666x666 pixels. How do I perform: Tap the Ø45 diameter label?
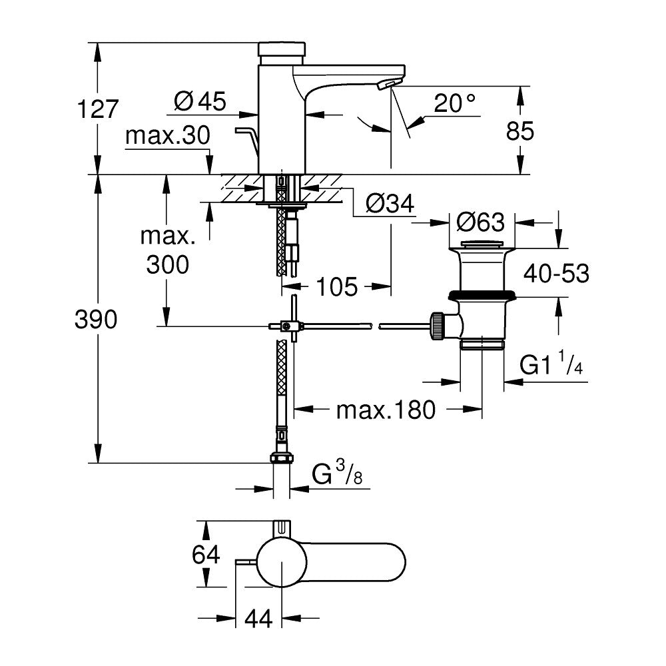coord(200,101)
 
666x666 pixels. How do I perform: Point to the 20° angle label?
coord(455,103)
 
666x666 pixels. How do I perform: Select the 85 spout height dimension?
coord(520,131)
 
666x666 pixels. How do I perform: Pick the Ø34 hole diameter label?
coord(390,204)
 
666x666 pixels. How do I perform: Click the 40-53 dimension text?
coord(557,273)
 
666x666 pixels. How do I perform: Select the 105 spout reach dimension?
coord(337,287)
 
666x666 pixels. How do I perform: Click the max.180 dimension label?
coord(386,410)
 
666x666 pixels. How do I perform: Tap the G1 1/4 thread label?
coord(551,366)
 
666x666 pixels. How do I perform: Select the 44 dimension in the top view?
coord(258,619)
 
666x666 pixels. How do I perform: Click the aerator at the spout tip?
coord(386,85)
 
